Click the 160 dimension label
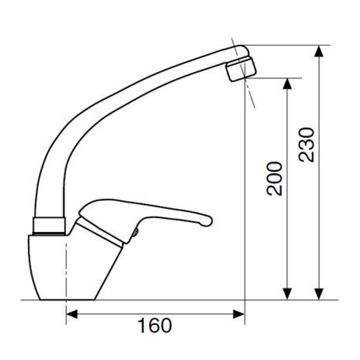[x=154, y=325]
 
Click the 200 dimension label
[x=274, y=179]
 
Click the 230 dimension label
[x=306, y=145]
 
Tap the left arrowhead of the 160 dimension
[x=72, y=314]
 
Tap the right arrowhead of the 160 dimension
[x=239, y=314]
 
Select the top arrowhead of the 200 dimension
[x=287, y=84]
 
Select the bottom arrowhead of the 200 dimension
[x=287, y=294]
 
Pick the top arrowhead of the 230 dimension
[x=319, y=51]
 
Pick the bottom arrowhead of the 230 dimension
[x=319, y=294]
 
